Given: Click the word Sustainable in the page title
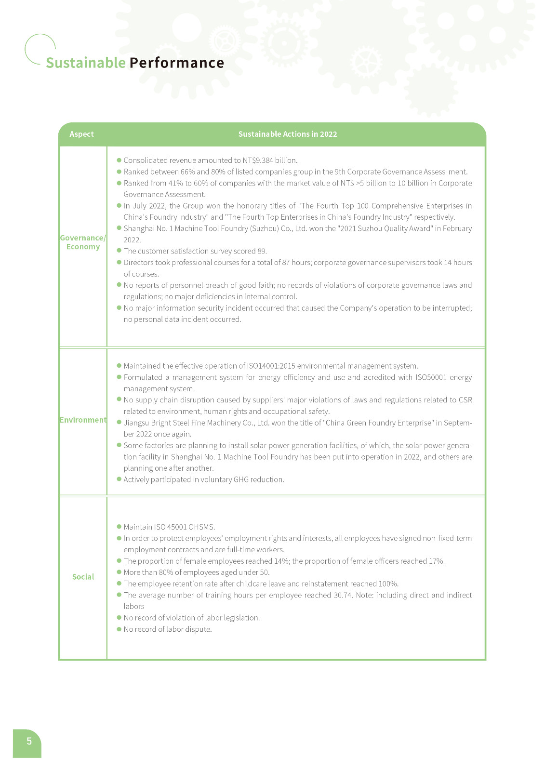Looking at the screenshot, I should (85, 63).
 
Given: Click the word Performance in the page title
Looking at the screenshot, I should (176, 63).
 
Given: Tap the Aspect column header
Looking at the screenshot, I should (81, 134).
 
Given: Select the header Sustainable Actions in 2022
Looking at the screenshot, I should (288, 134).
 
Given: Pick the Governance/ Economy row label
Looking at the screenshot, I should (83, 242).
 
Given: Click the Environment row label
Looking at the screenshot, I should (83, 420).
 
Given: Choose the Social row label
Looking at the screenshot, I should (83, 577).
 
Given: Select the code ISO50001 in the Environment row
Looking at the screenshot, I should (431, 377).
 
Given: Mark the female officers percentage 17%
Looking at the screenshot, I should (437, 561).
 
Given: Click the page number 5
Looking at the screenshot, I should (29, 741).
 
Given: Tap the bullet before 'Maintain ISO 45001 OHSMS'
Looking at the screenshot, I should (119, 527).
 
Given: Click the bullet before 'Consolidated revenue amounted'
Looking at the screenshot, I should (119, 160).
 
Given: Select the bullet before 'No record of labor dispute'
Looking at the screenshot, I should (119, 629).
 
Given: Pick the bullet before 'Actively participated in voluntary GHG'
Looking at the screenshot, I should (119, 479).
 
